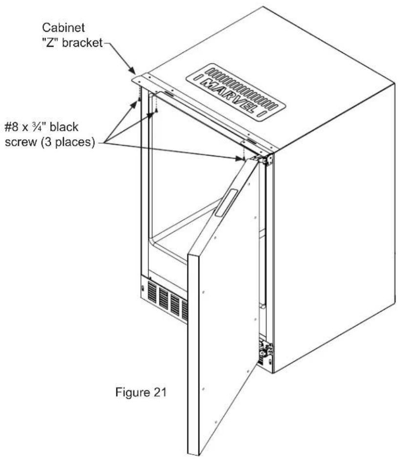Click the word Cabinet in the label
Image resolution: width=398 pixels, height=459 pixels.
pos(63,27)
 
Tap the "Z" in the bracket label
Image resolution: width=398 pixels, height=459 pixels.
pos(50,43)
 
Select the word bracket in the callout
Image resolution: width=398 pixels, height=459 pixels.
pos(83,43)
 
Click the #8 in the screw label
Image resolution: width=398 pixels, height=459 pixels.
pos(12,127)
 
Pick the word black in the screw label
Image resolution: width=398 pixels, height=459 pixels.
pos(64,127)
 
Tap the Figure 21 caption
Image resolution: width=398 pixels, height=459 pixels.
pos(141,392)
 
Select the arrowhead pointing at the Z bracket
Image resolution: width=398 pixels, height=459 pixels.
pos(132,70)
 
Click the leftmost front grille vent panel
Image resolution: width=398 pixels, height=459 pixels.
pos(152,292)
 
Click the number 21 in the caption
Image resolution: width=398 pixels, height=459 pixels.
pos(160,392)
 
